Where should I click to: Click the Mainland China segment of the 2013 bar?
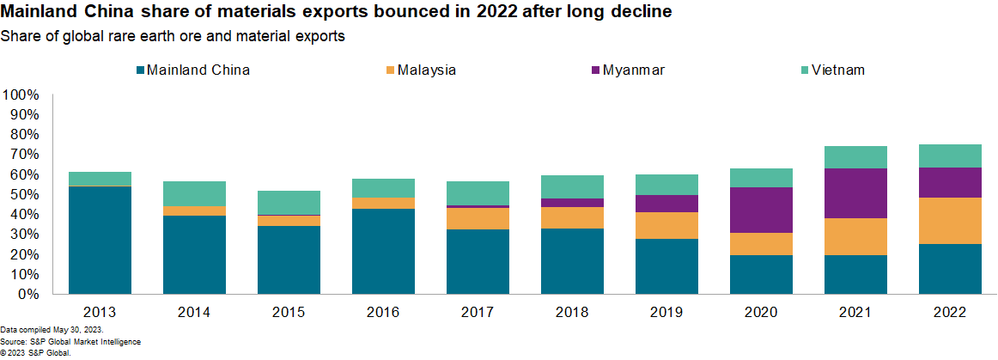coord(100,240)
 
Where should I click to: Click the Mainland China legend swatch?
coord(140,70)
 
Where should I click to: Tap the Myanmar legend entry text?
coord(634,70)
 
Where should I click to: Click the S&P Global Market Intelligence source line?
coord(70,341)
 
